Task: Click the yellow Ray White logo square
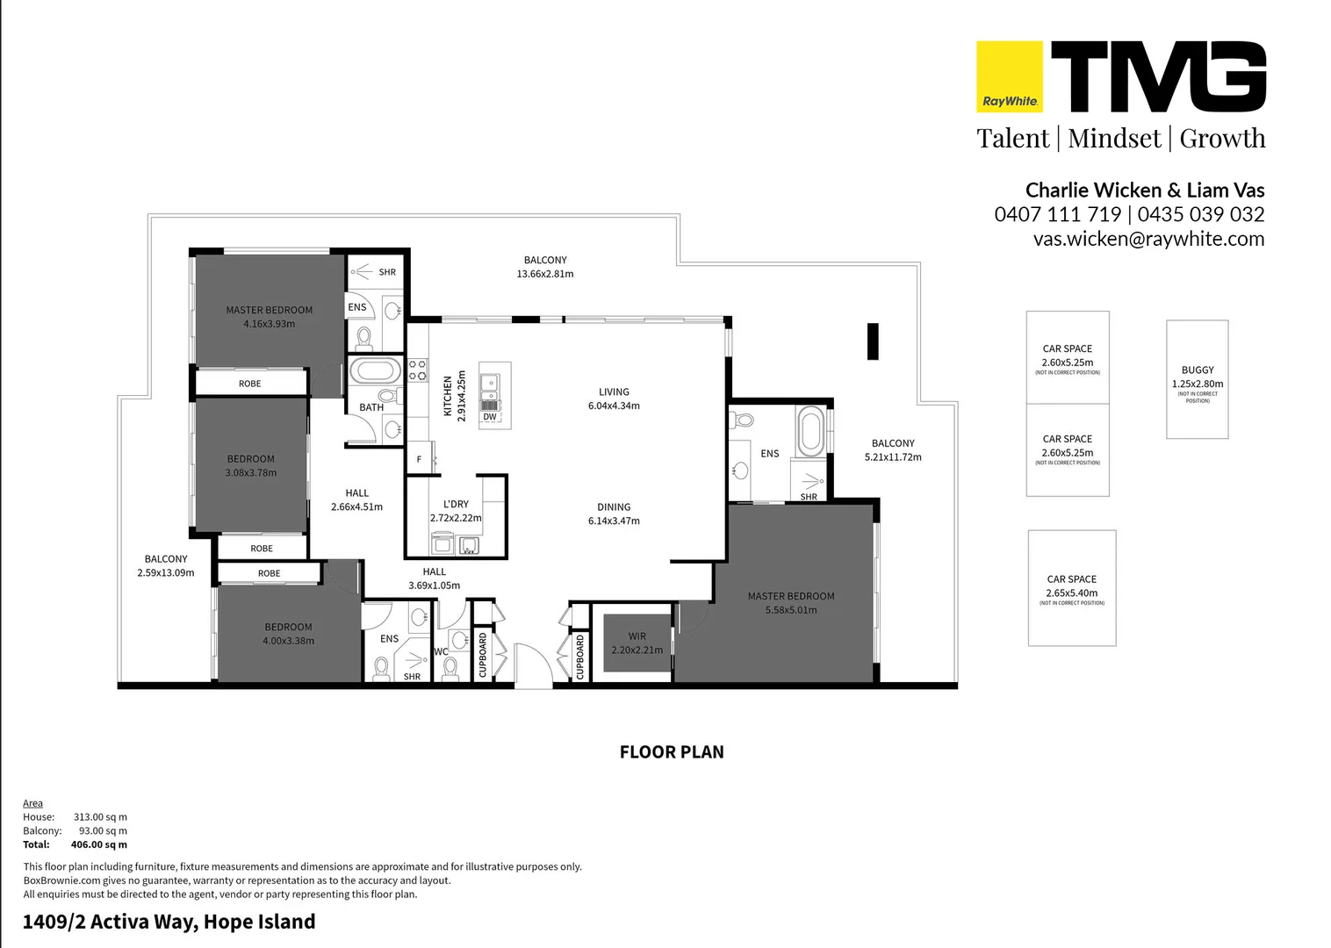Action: click(x=1010, y=76)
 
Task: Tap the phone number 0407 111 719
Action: click(x=1057, y=214)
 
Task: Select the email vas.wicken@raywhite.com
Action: click(x=1148, y=239)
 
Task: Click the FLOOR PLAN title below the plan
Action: click(x=672, y=752)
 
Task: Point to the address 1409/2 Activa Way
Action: click(x=169, y=922)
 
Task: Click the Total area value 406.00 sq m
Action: click(x=98, y=844)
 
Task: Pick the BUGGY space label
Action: click(x=1198, y=370)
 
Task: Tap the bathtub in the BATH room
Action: click(x=375, y=370)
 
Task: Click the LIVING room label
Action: click(x=614, y=392)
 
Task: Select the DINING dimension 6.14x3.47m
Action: click(x=614, y=521)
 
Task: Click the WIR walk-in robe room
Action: click(x=637, y=643)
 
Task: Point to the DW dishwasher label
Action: click(x=490, y=417)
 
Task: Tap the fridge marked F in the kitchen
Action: click(x=420, y=459)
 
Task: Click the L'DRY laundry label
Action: click(x=456, y=504)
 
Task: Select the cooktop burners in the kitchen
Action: click(x=417, y=370)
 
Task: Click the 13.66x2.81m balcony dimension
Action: click(x=545, y=274)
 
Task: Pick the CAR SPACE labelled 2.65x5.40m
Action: click(x=1071, y=586)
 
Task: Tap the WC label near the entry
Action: click(x=441, y=651)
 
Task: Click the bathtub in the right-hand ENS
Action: click(x=809, y=430)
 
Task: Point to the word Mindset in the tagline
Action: click(x=1114, y=139)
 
